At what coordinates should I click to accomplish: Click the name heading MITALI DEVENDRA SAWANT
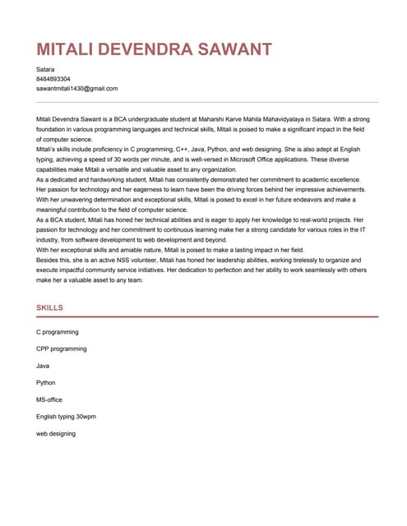click(x=154, y=49)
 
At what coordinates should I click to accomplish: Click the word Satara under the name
click(x=46, y=70)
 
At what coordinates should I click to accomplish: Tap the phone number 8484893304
click(x=53, y=79)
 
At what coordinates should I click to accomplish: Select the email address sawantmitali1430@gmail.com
click(x=77, y=88)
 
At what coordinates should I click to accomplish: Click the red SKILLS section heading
click(x=50, y=307)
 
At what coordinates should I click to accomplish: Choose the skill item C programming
click(x=58, y=332)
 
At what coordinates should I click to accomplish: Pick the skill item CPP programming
click(x=62, y=348)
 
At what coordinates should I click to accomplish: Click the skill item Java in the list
click(x=44, y=366)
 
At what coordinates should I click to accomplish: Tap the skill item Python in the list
click(x=47, y=382)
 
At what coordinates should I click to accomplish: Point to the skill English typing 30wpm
click(x=66, y=416)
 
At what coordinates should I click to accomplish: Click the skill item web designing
click(x=56, y=433)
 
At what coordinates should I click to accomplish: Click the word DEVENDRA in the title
click(x=150, y=49)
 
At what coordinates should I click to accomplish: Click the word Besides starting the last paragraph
click(x=49, y=258)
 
